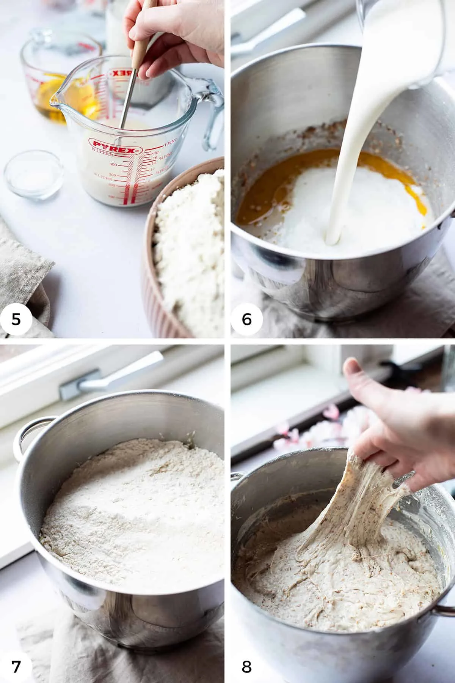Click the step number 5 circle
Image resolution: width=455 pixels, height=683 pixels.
coord(16,319)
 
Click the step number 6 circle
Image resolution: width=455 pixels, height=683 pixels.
coord(247,319)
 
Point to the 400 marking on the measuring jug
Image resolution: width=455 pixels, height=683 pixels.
coord(113,164)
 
